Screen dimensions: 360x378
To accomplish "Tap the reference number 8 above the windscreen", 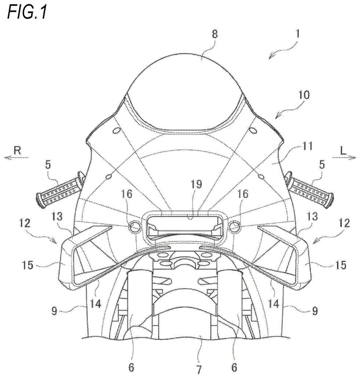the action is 215,34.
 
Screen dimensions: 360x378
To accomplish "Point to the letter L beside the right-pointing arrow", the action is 343,151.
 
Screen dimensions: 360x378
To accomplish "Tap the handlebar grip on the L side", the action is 310,189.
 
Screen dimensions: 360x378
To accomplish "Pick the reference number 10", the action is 304,95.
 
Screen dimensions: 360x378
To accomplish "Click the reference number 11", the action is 308,146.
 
